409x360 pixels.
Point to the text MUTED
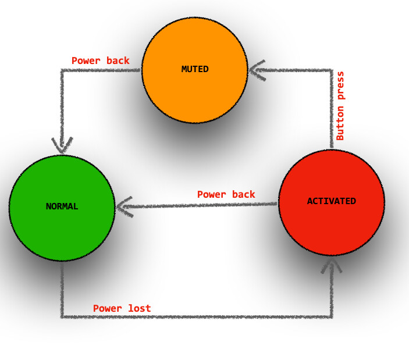(195, 69)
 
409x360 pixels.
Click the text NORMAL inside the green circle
(62, 206)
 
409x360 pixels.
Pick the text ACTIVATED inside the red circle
(332, 201)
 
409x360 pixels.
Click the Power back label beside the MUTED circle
(100, 60)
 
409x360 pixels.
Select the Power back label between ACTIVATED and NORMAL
(226, 194)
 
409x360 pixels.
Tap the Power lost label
(122, 308)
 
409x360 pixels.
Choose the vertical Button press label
(340, 105)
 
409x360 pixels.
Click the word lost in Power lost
(139, 308)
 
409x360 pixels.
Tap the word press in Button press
(340, 86)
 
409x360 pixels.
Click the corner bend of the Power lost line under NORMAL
(62, 317)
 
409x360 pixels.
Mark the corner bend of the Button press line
(332, 70)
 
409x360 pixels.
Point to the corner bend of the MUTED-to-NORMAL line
(62, 70)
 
